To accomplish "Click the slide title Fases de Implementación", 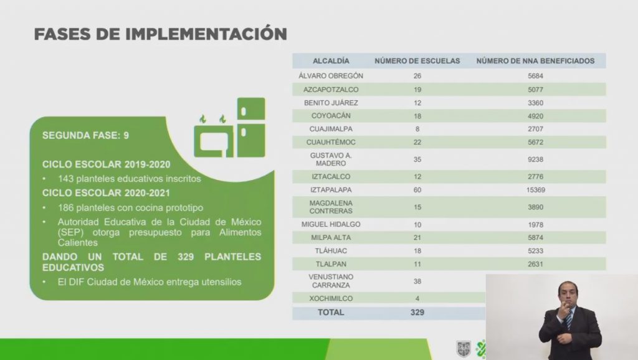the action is (161, 34).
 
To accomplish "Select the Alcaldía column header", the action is (331, 61).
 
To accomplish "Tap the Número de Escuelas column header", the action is (417, 61).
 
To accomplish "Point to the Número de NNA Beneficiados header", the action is (535, 61).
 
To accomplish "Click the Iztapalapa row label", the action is (331, 190).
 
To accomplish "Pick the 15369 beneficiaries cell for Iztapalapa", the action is (535, 190).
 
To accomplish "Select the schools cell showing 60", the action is (417, 190).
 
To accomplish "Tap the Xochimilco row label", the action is (331, 298).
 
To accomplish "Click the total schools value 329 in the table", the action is (417, 313).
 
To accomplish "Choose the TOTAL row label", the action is (331, 313).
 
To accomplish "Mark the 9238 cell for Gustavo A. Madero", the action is (535, 159).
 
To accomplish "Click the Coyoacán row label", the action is (331, 116).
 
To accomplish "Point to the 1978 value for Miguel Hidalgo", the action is (535, 225).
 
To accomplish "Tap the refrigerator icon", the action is (251, 127).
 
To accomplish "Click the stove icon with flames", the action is (214, 137).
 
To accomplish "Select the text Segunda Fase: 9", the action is (85, 135).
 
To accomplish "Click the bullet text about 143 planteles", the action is (130, 179).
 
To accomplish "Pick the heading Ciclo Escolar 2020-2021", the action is (106, 193).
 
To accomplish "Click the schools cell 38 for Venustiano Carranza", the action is (417, 282).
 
